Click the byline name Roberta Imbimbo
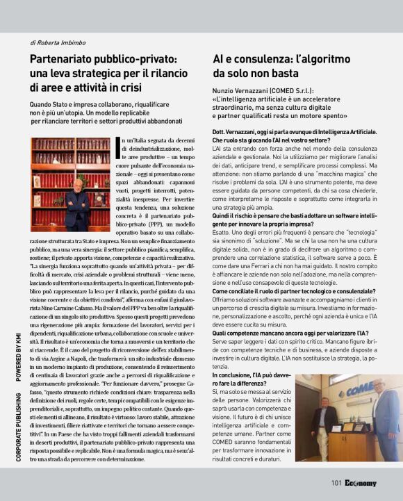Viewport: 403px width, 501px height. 62,43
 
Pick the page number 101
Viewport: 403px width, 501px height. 336,483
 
